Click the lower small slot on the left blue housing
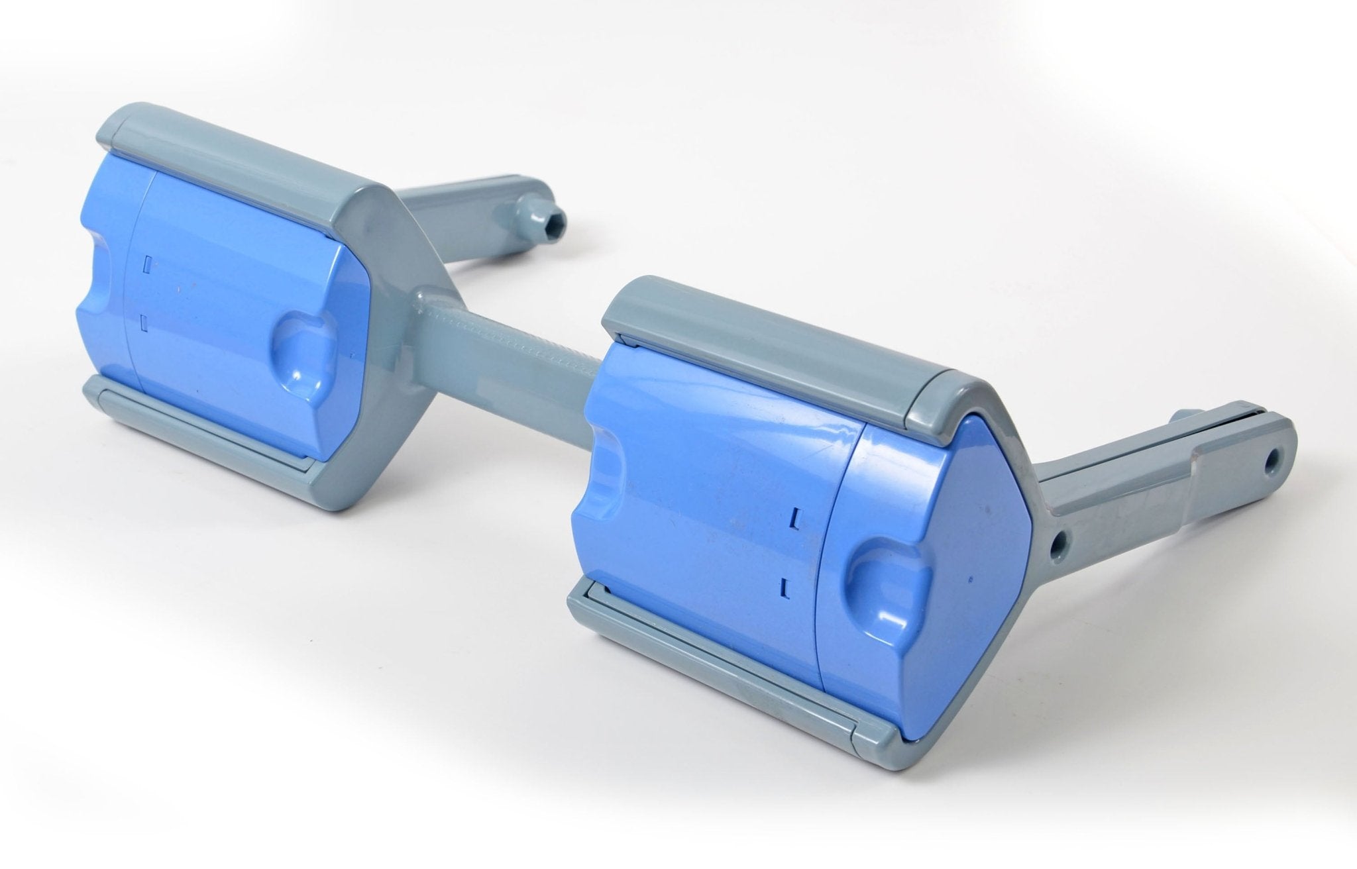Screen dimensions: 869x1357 (144, 323)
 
